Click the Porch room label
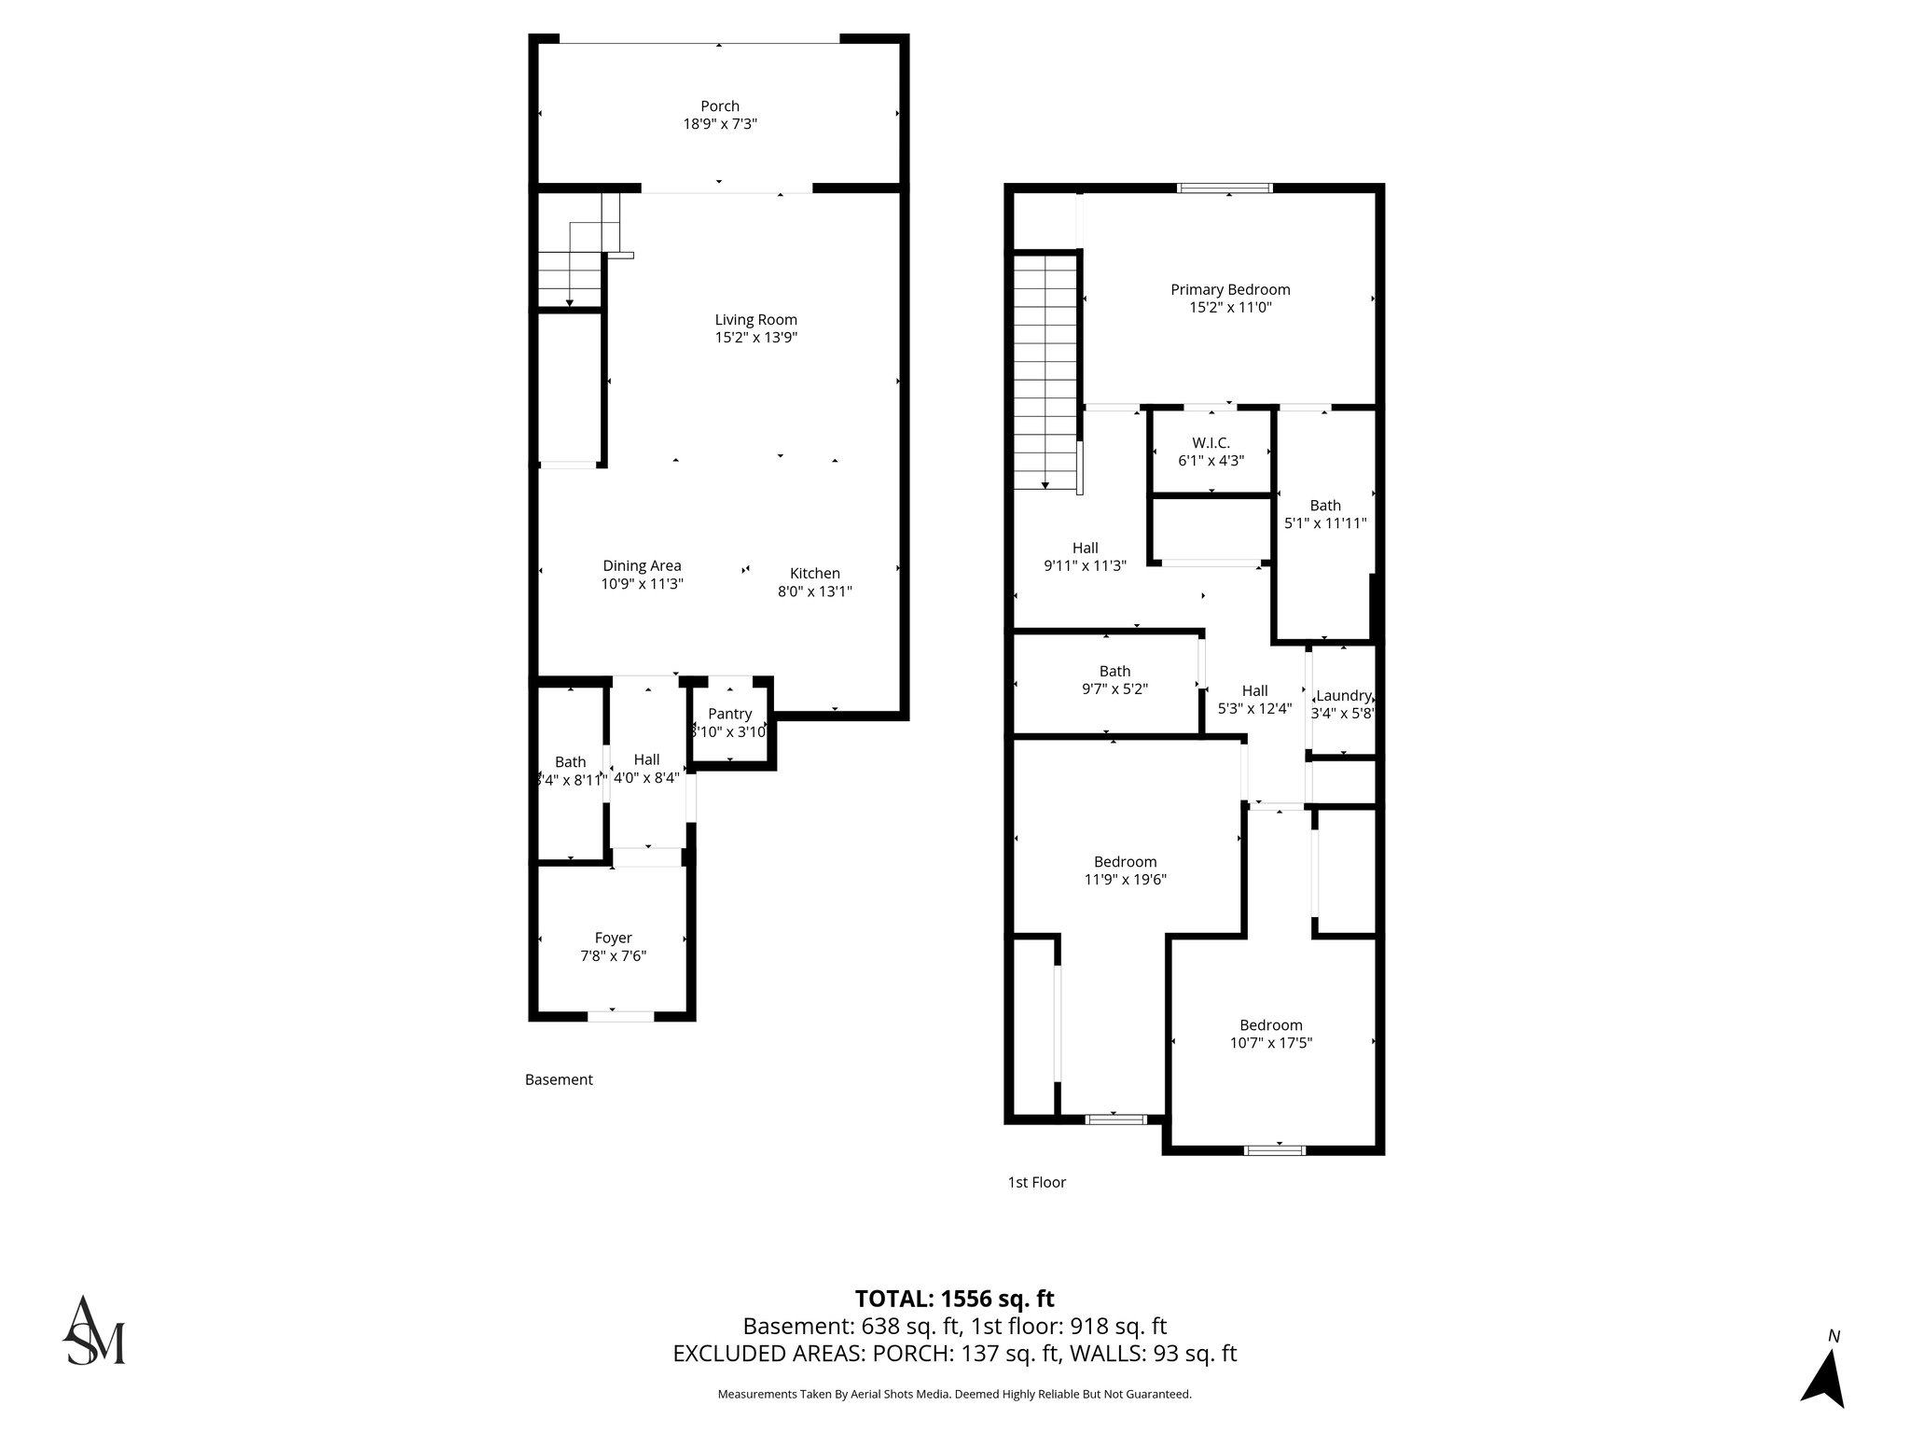(x=719, y=106)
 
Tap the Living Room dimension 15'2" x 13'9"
(x=755, y=338)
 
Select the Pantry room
(x=729, y=722)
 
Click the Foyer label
(x=613, y=938)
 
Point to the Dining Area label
(x=642, y=565)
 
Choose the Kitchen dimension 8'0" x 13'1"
(x=814, y=591)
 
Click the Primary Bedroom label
(x=1229, y=289)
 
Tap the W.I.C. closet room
(x=1211, y=451)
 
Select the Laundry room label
(x=1343, y=696)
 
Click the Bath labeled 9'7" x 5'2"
(x=1114, y=680)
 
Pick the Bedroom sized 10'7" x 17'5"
(x=1270, y=1034)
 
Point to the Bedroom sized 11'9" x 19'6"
(x=1125, y=870)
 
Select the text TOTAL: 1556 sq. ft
(x=954, y=1299)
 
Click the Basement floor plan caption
(x=559, y=1079)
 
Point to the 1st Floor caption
(x=1036, y=1182)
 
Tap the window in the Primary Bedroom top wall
(x=1225, y=188)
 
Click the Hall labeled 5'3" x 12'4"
(x=1254, y=699)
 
